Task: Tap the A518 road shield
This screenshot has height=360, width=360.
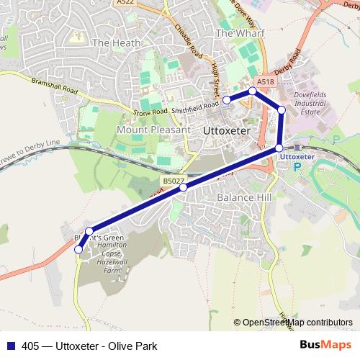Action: pos(265,82)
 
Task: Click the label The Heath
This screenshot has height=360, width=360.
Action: pos(112,43)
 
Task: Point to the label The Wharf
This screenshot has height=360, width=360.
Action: pos(235,33)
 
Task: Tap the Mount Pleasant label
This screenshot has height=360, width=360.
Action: pos(153,130)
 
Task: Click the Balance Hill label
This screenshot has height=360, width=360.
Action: pos(240,197)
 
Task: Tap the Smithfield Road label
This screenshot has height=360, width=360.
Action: pos(197,105)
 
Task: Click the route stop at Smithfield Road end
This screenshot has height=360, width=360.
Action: pos(226,99)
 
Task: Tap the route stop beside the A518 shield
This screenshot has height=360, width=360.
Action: pos(253,91)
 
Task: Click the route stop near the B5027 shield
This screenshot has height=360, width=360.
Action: pos(183,187)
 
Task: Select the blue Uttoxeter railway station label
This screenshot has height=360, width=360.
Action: pos(297,156)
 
